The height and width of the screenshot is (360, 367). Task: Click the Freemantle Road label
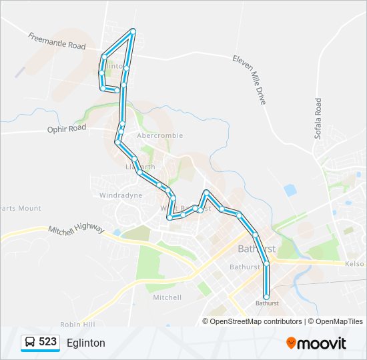pos(57,41)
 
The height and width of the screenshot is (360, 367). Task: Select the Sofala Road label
pos(318,119)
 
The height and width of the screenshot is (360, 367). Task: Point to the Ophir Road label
pos(67,128)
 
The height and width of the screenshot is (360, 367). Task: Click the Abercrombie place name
pos(159,135)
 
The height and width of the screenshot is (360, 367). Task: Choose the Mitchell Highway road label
pos(76,229)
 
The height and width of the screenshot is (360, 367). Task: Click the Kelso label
pos(354,264)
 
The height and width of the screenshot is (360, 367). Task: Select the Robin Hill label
pos(77,324)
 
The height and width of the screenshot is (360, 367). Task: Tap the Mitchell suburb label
pos(167,297)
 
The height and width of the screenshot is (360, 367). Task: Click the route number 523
pos(47,342)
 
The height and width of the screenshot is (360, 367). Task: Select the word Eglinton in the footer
pos(86,343)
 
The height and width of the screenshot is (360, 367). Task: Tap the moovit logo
pos(316,343)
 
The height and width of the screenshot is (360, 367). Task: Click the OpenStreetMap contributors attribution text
pos(256,321)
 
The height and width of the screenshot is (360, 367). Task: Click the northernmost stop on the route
pos(133,31)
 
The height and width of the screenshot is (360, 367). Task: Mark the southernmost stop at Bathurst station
pos(266,297)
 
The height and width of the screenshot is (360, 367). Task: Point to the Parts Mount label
pos(20,208)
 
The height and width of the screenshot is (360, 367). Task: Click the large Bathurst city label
pos(256,249)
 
